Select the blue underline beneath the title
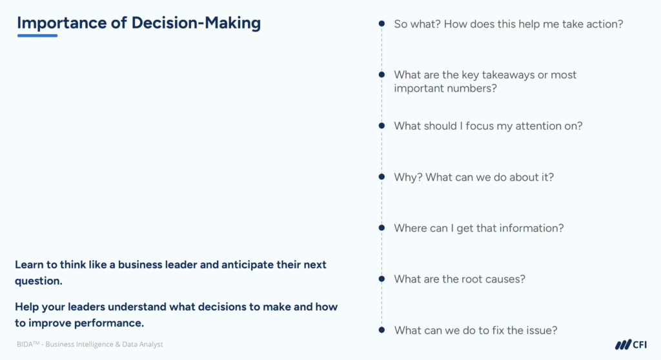(x=37, y=35)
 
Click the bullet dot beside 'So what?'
(x=381, y=24)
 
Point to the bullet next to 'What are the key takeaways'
(x=381, y=75)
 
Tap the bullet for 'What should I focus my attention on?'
(x=381, y=126)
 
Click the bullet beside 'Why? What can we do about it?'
(x=381, y=177)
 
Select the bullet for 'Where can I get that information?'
(x=381, y=228)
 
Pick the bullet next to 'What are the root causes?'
(x=381, y=279)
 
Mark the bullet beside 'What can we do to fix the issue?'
(x=381, y=330)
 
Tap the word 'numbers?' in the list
(x=474, y=88)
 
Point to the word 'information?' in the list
(x=533, y=228)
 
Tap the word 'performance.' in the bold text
(x=113, y=323)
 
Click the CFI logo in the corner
(x=631, y=345)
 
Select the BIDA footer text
(x=90, y=345)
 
